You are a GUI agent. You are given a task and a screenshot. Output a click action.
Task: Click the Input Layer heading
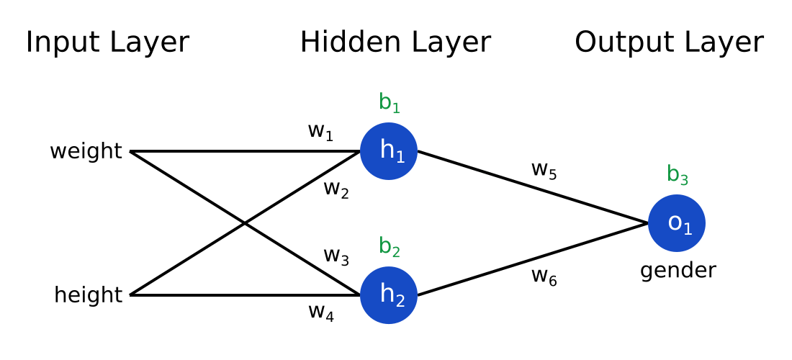[107, 42]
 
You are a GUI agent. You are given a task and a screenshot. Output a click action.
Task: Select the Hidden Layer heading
[395, 42]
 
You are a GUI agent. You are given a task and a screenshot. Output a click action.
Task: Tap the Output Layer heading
[668, 42]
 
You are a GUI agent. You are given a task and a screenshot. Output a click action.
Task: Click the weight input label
[86, 152]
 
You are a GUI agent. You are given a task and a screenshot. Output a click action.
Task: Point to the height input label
[88, 295]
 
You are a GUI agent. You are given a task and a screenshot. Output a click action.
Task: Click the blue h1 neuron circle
[389, 151]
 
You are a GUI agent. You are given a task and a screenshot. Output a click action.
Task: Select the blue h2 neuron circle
[389, 295]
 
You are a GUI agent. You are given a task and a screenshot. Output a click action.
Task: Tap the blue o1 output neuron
[677, 223]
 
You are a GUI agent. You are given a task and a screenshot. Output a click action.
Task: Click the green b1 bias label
[389, 103]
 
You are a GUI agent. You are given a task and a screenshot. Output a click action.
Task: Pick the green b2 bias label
[389, 247]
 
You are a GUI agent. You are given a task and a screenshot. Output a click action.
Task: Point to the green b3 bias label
[677, 175]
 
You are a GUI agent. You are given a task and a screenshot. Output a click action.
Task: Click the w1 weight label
[320, 132]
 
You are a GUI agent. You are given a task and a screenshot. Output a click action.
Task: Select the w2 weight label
[336, 189]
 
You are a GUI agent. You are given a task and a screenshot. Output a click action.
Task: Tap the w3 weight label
[336, 256]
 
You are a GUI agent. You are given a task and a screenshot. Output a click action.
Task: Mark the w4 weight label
[320, 312]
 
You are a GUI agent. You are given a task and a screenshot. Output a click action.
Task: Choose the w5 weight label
[544, 170]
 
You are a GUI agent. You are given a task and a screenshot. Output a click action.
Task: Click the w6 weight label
[544, 276]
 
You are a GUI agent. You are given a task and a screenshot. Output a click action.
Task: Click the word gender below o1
[678, 271]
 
